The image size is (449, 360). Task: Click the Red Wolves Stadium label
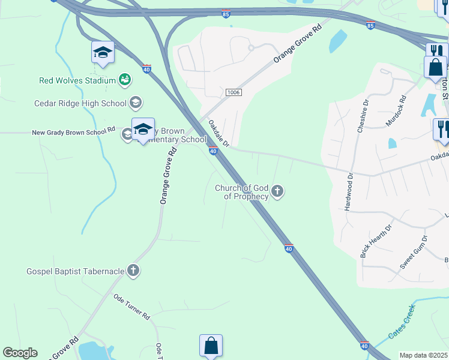[77, 80]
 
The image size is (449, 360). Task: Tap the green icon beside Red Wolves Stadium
[125, 79]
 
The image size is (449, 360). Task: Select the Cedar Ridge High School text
[80, 103]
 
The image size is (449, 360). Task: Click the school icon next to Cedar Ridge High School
[136, 103]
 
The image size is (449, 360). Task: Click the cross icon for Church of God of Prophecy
[277, 192]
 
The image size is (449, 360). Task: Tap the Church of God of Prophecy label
[241, 192]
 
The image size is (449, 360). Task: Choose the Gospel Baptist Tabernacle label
[75, 271]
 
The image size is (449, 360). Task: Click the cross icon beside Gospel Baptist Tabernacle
[133, 271]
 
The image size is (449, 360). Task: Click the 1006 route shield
[234, 92]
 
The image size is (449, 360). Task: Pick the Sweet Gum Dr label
[414, 251]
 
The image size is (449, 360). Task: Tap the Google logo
[20, 353]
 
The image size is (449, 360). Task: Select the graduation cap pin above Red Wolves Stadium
[103, 52]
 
